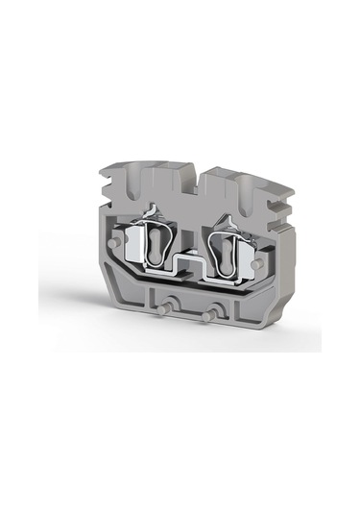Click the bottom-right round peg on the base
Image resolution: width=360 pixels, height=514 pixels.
point(209,315)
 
